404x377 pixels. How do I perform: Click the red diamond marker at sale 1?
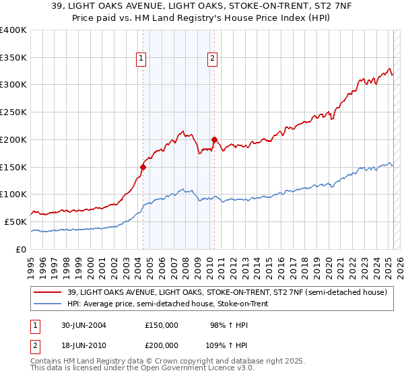(143, 166)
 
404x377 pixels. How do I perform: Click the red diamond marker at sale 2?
(214, 139)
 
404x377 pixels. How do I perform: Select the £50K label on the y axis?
(16, 221)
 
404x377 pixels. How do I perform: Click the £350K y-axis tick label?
(13, 57)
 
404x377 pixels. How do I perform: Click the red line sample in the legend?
(48, 292)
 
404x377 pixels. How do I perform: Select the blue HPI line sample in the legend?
(48, 304)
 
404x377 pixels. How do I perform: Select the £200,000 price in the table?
(162, 344)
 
